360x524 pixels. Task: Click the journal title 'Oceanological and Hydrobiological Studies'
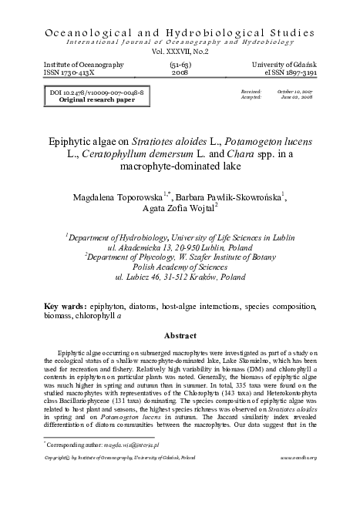(180, 33)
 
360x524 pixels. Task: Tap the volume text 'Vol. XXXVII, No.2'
(180, 52)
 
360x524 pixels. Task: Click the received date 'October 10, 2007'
(296, 92)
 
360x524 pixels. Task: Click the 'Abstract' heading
(180, 336)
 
